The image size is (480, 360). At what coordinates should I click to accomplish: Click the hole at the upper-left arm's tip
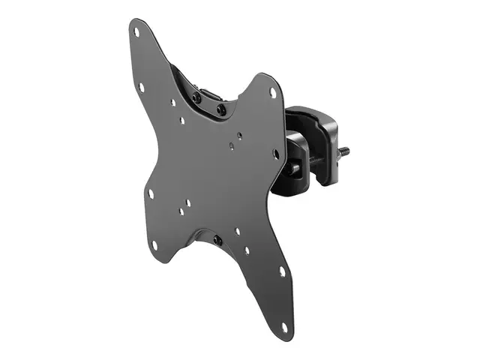[x=137, y=31]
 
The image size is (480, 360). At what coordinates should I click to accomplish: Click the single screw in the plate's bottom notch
[x=217, y=240]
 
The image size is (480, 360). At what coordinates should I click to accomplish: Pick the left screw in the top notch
[x=196, y=97]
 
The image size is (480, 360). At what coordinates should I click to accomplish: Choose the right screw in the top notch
[x=221, y=109]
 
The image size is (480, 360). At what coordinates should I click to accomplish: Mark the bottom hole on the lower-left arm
[x=154, y=244]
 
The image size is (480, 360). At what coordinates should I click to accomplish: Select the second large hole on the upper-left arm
[x=142, y=87]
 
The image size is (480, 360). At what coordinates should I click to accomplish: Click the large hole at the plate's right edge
[x=276, y=154]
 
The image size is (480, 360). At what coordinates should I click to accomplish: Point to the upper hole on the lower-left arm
[x=151, y=193]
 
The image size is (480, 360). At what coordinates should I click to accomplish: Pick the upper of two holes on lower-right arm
[x=282, y=271]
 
